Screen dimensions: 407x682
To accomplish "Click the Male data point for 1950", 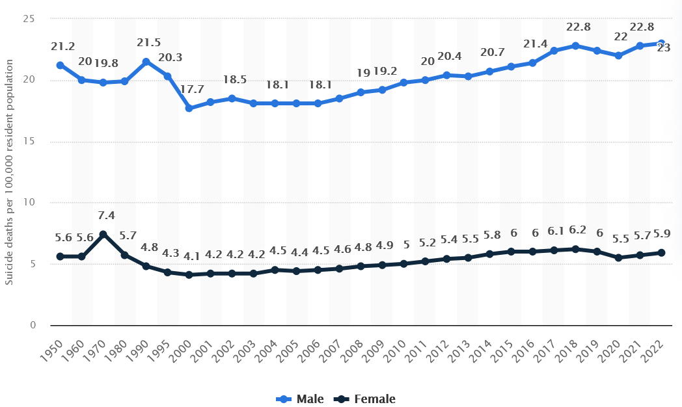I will coord(60,65).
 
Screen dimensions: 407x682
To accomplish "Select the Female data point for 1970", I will coord(103,234).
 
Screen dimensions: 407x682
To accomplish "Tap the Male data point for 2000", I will coord(189,108).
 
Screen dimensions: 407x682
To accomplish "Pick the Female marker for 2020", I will coord(618,257).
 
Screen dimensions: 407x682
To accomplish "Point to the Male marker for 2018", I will coord(575,46).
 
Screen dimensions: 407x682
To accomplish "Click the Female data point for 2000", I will coord(189,275).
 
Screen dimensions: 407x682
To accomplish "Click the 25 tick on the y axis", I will coord(28,19).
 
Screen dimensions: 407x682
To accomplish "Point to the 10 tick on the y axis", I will coord(28,203).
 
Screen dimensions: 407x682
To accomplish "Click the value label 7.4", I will coord(107,215).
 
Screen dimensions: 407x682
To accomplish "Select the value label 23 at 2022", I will coord(663,47).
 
